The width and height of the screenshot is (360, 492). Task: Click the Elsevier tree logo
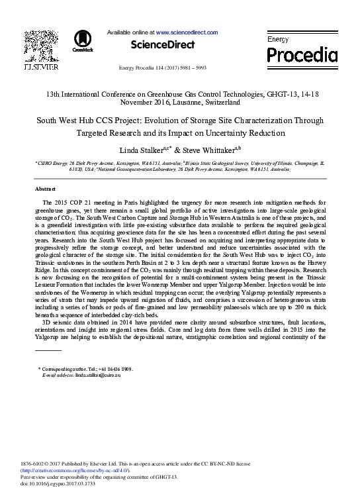coord(41,46)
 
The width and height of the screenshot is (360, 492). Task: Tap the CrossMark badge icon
coord(83,40)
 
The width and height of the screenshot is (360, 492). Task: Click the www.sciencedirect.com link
coord(187,32)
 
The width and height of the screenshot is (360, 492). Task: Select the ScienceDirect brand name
coord(162,45)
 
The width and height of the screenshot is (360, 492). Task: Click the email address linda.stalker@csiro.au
coord(98,375)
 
